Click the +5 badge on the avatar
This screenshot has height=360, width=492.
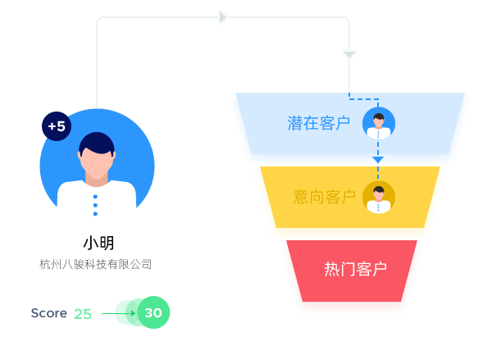pyautogui.click(x=57, y=126)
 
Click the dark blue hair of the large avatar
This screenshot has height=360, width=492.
pyautogui.click(x=97, y=142)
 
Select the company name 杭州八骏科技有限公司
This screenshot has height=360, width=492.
pyautogui.click(x=96, y=264)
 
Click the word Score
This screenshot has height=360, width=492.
pyautogui.click(x=48, y=313)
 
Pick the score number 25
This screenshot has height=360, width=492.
pyautogui.click(x=83, y=314)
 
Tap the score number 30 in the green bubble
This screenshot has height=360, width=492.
pyautogui.click(x=153, y=312)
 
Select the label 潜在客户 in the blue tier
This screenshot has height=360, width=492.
pyautogui.click(x=318, y=123)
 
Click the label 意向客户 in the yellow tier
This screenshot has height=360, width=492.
pyautogui.click(x=325, y=197)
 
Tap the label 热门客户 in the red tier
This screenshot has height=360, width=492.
pyautogui.click(x=355, y=269)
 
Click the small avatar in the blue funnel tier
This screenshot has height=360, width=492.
pyautogui.click(x=379, y=124)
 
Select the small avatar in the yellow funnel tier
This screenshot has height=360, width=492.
pyautogui.click(x=379, y=197)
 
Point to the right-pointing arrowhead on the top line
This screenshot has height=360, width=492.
pyautogui.click(x=222, y=17)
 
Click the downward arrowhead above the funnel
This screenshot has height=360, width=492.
pyautogui.click(x=349, y=55)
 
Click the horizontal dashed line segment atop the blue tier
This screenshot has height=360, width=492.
pyautogui.click(x=364, y=99)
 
